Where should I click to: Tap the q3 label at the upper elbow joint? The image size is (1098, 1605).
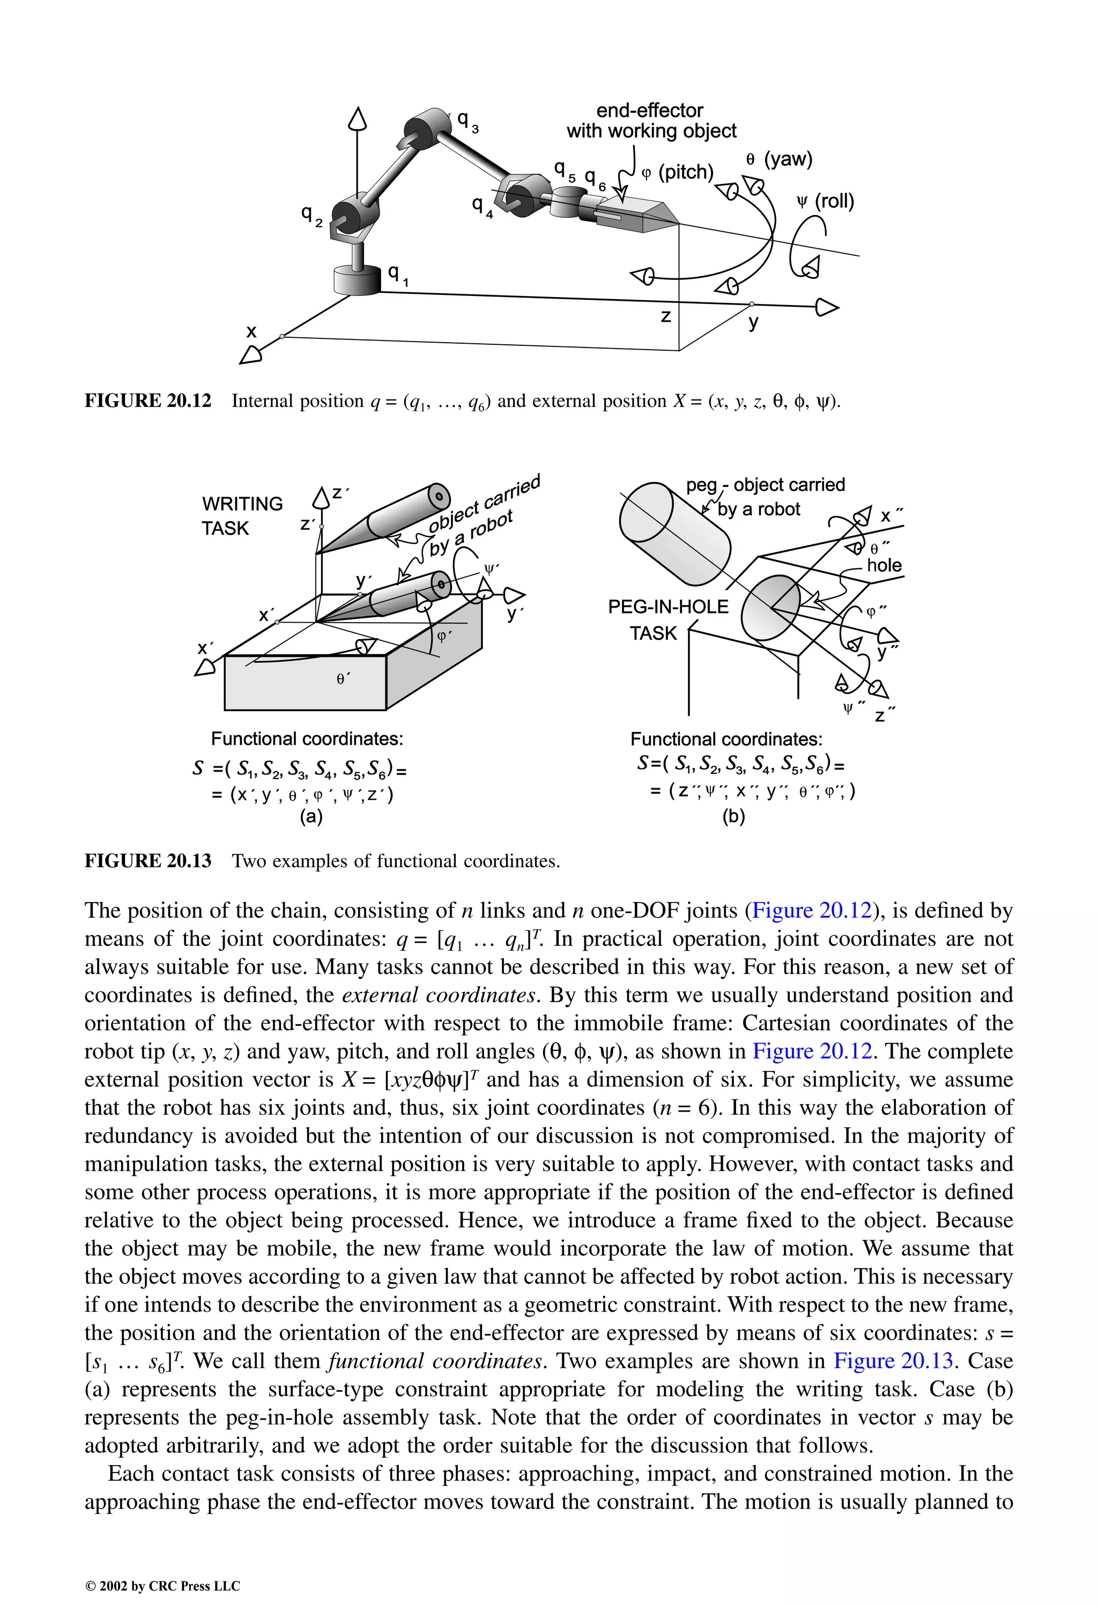[x=468, y=122]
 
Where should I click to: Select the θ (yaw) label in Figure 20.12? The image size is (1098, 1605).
[x=779, y=159]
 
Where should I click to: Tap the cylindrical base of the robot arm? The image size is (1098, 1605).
[x=357, y=280]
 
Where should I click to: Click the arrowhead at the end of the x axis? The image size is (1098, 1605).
[x=251, y=355]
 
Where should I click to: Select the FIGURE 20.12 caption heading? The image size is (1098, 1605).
[x=148, y=401]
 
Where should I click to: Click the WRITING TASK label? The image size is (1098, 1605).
[x=242, y=515]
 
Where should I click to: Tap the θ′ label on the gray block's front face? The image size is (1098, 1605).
[x=343, y=679]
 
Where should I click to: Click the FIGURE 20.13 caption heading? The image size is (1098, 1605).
[x=148, y=861]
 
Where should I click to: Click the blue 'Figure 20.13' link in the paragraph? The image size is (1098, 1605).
[x=893, y=1360]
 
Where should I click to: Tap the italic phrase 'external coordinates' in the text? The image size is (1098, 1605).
[x=439, y=995]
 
